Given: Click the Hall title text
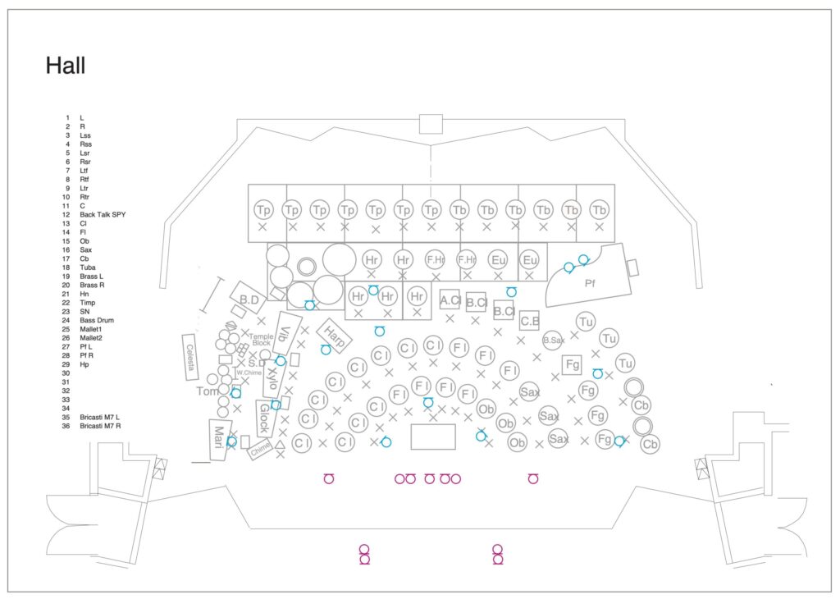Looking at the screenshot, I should click(x=66, y=66).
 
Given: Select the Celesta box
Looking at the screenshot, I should click(x=191, y=357).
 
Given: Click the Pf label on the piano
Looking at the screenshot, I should click(x=590, y=283).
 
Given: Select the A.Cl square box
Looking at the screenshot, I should click(x=450, y=299).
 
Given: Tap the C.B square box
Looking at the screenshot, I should click(x=529, y=321).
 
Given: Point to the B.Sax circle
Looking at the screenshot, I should click(x=555, y=339).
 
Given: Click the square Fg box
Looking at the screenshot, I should click(x=573, y=364).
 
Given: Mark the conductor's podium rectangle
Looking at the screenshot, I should click(x=432, y=437).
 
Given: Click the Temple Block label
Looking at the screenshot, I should click(x=261, y=340).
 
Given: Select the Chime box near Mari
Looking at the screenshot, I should click(x=260, y=449).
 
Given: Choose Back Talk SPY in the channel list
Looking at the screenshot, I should click(x=103, y=214).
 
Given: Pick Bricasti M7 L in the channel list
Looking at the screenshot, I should click(x=100, y=418).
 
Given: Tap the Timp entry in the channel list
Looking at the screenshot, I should click(x=88, y=303).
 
